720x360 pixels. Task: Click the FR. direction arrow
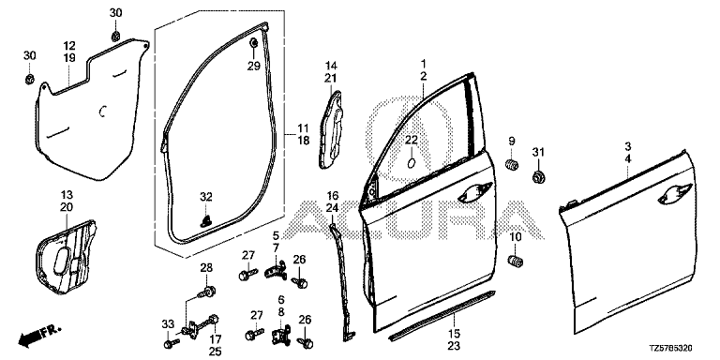(39, 335)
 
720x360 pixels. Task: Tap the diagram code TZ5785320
(670, 350)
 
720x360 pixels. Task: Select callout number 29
(253, 67)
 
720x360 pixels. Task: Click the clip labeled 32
(206, 220)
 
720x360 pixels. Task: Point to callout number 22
(412, 141)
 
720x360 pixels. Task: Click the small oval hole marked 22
(412, 162)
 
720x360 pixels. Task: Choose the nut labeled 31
(538, 176)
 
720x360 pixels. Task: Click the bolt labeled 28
(207, 292)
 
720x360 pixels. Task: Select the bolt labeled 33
(171, 343)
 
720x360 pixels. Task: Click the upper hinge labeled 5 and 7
(276, 270)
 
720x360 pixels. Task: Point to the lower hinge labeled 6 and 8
(281, 332)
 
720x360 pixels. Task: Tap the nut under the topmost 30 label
(115, 35)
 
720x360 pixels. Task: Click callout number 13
(67, 195)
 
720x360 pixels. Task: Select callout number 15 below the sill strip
(455, 334)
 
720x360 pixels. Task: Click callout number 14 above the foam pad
(331, 66)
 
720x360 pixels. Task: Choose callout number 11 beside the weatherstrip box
(303, 127)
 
